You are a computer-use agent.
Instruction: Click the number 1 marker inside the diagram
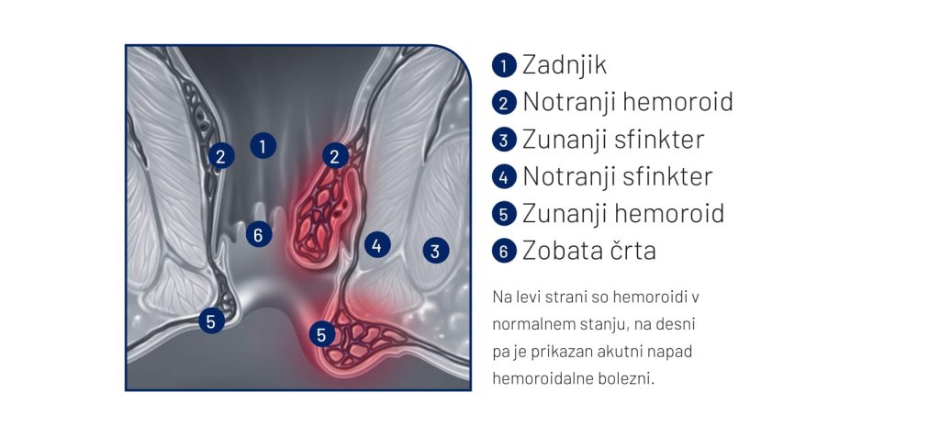[263, 145]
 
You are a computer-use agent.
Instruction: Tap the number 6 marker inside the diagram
[259, 234]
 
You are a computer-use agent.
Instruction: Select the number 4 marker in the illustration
[377, 245]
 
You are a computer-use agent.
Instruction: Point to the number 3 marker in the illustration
[436, 250]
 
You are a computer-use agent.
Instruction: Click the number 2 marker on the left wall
[221, 156]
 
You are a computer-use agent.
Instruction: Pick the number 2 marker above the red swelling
[335, 156]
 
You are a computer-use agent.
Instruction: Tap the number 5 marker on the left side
[212, 321]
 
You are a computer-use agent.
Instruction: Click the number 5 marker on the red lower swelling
[322, 334]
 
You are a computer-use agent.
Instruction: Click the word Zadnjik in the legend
[565, 65]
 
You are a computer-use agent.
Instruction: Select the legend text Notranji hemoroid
[628, 102]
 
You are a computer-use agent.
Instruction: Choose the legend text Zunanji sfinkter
[613, 140]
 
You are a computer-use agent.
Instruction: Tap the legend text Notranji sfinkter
[618, 176]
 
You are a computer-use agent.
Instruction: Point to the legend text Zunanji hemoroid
[623, 214]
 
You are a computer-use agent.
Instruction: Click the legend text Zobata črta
[589, 251]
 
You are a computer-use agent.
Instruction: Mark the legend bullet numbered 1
[504, 65]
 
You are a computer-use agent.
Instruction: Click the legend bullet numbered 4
[504, 177]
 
